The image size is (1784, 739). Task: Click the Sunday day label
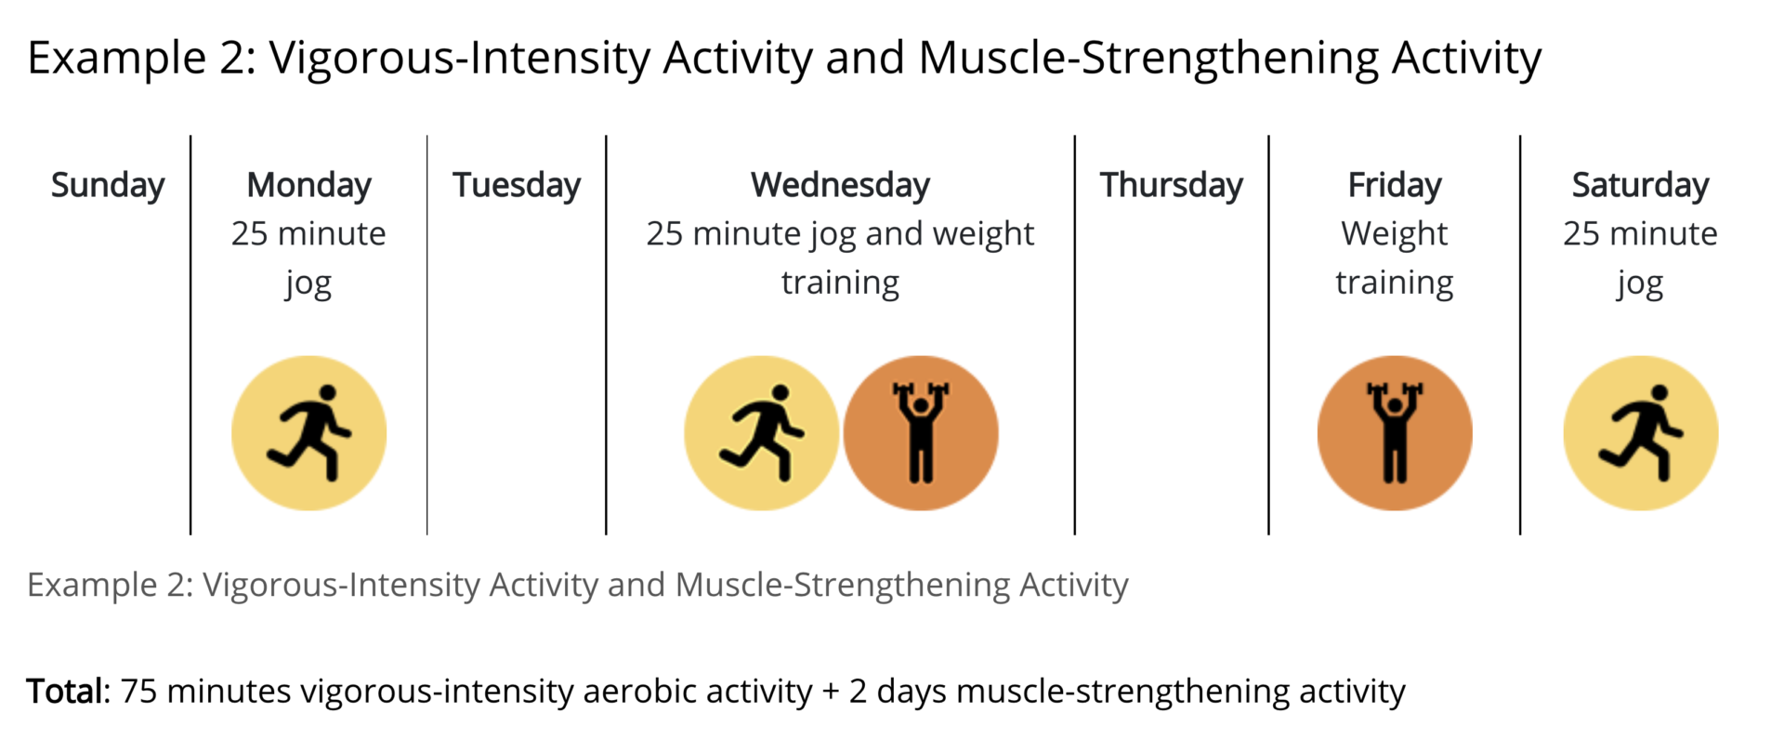pos(108,186)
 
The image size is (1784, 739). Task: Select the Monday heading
pos(309,186)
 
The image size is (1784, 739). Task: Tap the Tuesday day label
pos(517,186)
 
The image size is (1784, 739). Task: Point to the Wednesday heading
pos(841,186)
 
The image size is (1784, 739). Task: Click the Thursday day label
pos(1172,186)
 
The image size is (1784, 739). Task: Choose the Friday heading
pos(1395,186)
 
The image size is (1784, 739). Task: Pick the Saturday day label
pos(1641,186)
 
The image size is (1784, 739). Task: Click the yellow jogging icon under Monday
pos(309,433)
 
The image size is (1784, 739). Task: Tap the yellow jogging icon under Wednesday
pos(762,433)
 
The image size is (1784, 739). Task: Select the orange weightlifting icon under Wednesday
pos(921,433)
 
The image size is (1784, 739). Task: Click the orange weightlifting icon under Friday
pos(1395,433)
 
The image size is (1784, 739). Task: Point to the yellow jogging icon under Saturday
pos(1641,433)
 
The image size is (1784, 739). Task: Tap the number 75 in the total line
pos(138,692)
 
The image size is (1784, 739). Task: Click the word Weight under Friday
pos(1395,234)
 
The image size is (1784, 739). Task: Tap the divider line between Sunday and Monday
pos(190,335)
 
